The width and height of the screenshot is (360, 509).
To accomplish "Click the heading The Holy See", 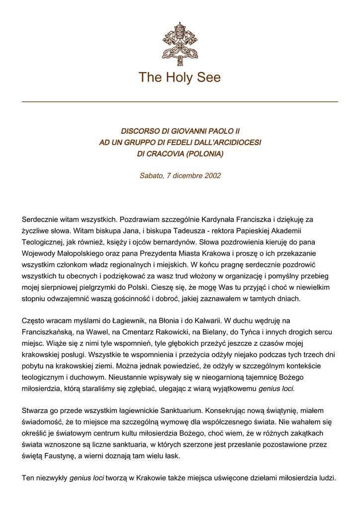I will click(180, 78).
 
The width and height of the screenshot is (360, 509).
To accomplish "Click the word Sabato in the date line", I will click(151, 175).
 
